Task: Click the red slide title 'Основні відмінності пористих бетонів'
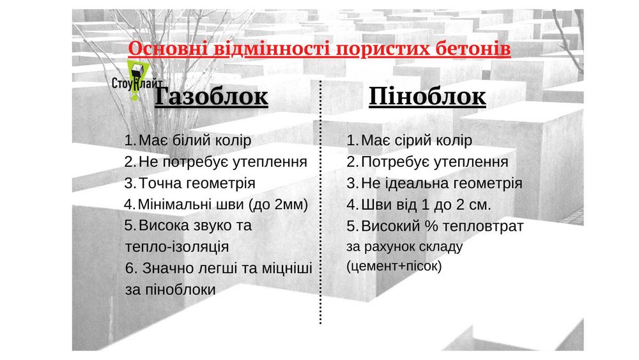[x=319, y=49]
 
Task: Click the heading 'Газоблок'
[x=212, y=97]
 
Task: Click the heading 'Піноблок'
[x=427, y=97]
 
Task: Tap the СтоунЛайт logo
[x=136, y=82]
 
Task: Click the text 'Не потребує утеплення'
[x=223, y=161]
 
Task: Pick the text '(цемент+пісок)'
[x=394, y=266]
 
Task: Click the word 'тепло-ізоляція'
[x=178, y=246]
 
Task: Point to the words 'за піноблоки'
[x=171, y=289]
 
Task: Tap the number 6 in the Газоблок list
[x=130, y=268]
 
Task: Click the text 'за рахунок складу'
[x=404, y=246]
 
